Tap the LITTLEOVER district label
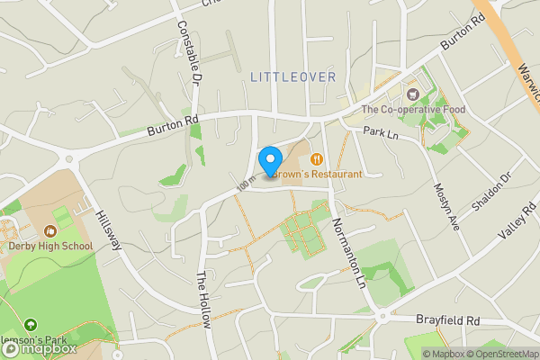coord(292,77)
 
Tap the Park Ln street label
coord(381,132)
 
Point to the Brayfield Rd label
coord(448,319)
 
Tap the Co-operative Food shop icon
coord(413,94)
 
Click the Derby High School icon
coord(49,230)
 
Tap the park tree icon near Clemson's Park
coord(31,324)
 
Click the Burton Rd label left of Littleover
coord(172,127)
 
